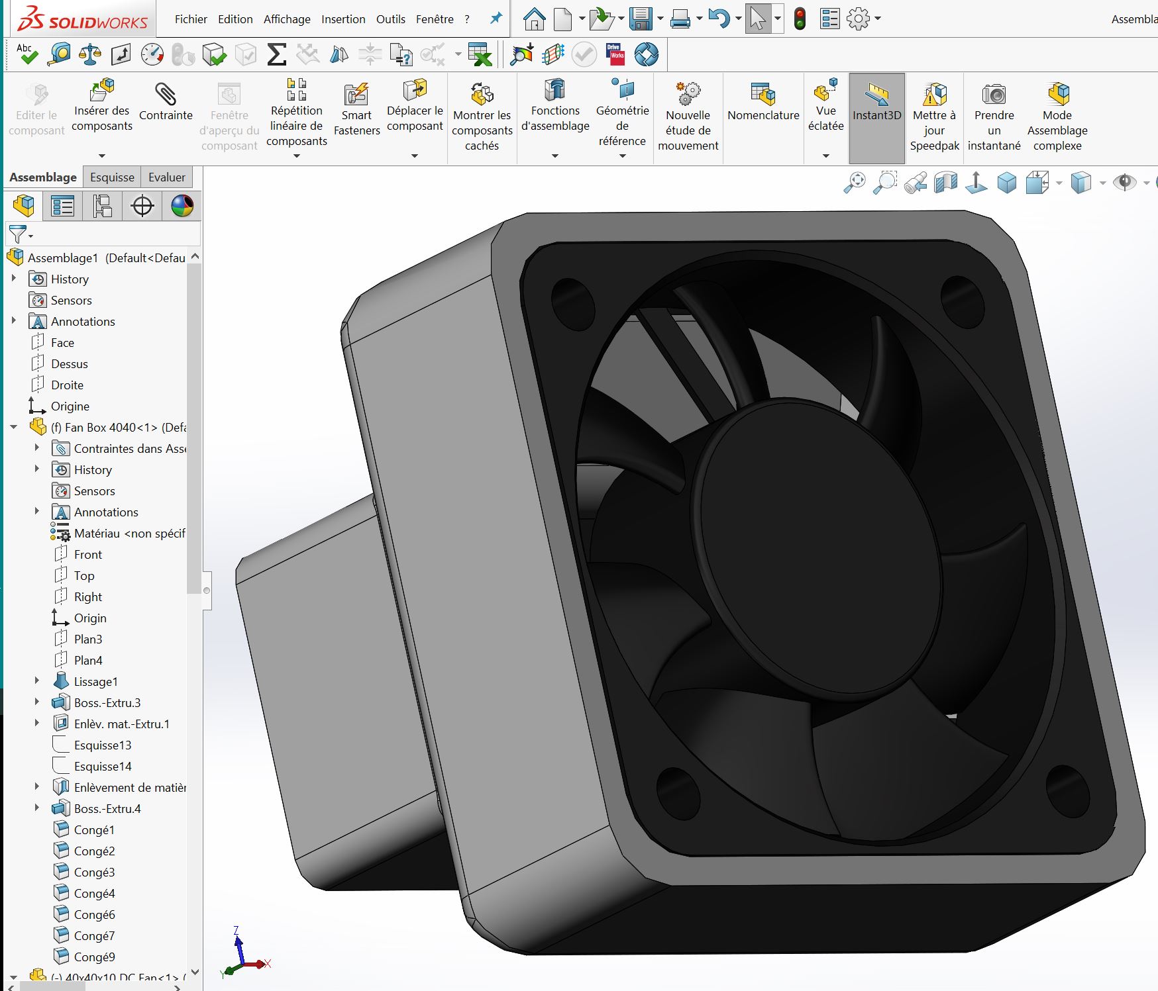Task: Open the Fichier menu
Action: point(191,19)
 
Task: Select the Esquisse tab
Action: point(112,177)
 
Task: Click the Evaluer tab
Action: point(166,177)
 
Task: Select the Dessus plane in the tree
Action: point(69,363)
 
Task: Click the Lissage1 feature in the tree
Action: point(95,681)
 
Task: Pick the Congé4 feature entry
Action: point(94,893)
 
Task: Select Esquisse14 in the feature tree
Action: point(103,766)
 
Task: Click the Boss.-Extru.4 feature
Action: point(107,808)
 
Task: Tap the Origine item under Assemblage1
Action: point(70,406)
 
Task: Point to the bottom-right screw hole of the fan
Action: point(1067,787)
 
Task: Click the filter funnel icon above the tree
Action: point(18,234)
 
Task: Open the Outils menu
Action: point(390,19)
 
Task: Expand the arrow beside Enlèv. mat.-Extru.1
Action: point(37,724)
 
